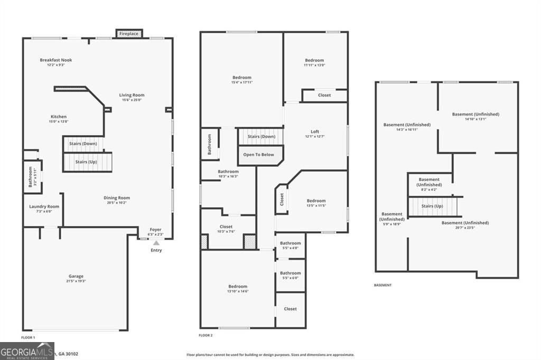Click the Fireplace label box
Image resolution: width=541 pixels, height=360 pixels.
(128, 34)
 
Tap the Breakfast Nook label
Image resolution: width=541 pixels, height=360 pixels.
(55, 60)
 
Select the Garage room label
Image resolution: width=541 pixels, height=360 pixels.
(76, 276)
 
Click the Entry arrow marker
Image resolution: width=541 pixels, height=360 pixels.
(156, 243)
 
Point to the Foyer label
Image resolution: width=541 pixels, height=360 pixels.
(156, 230)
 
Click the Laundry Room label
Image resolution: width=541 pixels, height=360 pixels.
(44, 206)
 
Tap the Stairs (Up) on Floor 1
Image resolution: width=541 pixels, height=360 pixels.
(88, 162)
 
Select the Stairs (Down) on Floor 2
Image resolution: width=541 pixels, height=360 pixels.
(260, 137)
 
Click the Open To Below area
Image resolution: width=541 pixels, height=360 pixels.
(258, 155)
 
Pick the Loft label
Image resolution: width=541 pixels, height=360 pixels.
(314, 132)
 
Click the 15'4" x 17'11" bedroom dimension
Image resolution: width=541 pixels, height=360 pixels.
(241, 82)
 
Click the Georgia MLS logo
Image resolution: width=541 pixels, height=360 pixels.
(27, 350)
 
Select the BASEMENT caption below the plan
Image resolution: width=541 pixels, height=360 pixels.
(383, 285)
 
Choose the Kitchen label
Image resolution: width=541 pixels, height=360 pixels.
(59, 117)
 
